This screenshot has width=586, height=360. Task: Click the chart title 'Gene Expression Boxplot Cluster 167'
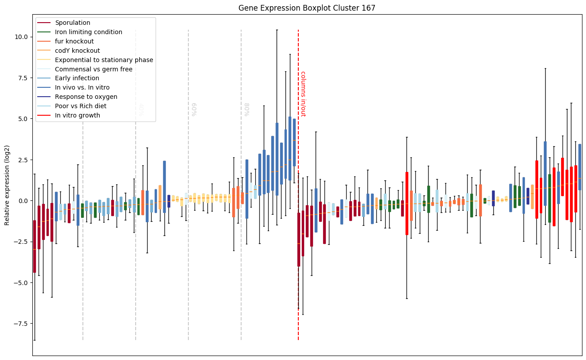(307, 8)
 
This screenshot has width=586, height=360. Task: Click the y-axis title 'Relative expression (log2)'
(7, 185)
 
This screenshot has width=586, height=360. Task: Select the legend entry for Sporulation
(73, 23)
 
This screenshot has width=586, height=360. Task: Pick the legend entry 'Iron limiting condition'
(89, 32)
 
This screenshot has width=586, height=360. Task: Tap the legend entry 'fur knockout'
(74, 41)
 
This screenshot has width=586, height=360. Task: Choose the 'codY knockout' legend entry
(78, 51)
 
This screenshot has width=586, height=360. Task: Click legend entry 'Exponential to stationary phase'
(104, 60)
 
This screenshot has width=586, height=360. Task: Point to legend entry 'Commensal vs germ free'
(94, 69)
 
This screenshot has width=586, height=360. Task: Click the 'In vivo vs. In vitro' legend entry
(82, 88)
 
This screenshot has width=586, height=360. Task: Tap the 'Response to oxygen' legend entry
(86, 97)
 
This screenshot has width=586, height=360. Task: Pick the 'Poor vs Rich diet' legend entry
(81, 106)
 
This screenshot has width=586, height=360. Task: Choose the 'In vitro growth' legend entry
(78, 116)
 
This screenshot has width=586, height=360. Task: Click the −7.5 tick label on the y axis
(20, 324)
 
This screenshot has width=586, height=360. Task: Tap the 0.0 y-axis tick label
(23, 201)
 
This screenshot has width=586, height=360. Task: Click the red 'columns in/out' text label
(303, 94)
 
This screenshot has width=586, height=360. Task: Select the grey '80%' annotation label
(246, 110)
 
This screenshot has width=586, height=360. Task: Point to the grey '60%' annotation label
(194, 110)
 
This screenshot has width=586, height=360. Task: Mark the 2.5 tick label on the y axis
(23, 160)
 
